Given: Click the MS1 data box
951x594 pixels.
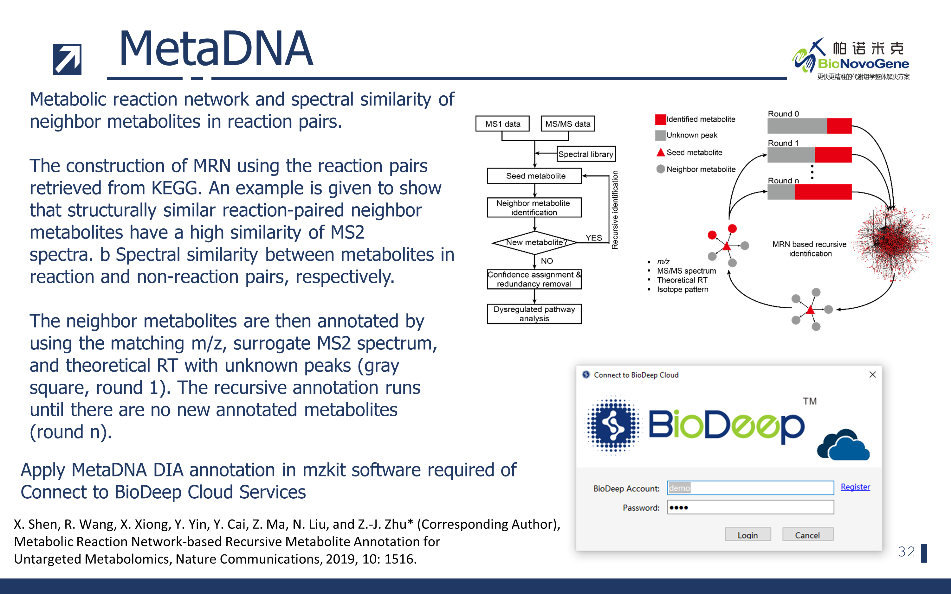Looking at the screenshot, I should [x=502, y=124].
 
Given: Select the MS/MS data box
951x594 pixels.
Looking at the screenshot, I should [x=567, y=124].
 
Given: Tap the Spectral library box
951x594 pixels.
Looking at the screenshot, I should [x=585, y=154].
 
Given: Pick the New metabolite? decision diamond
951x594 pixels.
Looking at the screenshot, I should [x=534, y=243].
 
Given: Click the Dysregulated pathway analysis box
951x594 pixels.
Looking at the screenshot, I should [x=534, y=314].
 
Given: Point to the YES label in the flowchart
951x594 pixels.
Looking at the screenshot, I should [x=593, y=238].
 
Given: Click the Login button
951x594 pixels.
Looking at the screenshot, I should [x=747, y=535].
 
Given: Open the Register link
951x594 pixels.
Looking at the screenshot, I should [x=855, y=487].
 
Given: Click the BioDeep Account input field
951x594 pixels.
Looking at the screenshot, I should [x=750, y=488].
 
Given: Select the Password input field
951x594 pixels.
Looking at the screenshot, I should [x=750, y=507].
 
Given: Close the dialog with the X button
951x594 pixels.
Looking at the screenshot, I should [x=872, y=375].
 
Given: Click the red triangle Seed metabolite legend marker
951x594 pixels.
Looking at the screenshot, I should [x=661, y=152].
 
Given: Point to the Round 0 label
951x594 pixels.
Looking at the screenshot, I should [x=783, y=113].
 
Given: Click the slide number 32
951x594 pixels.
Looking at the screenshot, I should [x=906, y=552].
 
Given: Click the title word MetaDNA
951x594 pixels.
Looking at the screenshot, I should [x=216, y=49].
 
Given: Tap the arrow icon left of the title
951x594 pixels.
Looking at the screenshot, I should [x=67, y=59].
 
